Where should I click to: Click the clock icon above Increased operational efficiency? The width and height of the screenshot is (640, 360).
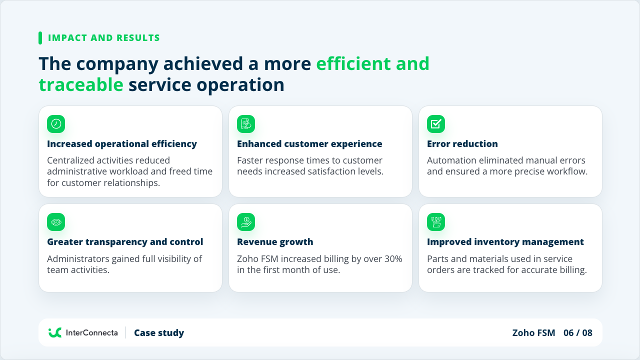56,124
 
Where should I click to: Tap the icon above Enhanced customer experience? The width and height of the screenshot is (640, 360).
246,124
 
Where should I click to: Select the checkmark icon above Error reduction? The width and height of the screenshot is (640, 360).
436,124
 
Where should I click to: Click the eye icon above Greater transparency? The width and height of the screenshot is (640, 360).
56,222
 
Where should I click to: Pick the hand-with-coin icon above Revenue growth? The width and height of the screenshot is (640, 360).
246,222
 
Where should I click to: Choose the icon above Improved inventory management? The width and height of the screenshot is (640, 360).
436,222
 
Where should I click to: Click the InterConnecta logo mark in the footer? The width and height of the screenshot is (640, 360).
55,332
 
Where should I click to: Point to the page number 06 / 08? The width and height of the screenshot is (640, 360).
577,333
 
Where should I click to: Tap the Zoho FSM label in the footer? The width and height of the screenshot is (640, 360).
533,333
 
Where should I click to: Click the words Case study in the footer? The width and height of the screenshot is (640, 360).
159,333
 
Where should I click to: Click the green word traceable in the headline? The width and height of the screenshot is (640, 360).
81,85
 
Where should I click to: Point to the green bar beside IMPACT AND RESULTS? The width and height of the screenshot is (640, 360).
40,38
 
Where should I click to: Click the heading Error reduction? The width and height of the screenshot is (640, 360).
462,143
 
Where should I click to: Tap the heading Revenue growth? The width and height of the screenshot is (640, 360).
275,242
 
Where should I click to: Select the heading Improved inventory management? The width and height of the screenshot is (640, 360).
505,242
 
